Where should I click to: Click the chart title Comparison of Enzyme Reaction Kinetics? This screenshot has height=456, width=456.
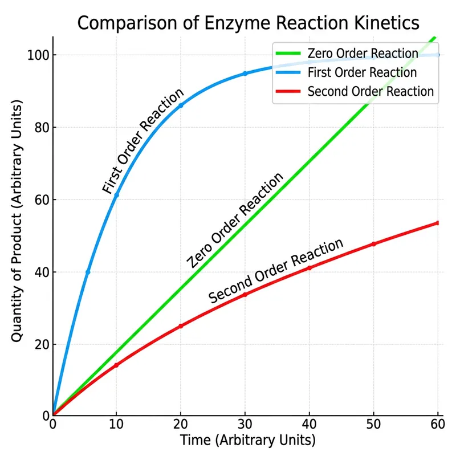248,23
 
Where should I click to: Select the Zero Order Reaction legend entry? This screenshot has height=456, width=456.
363,54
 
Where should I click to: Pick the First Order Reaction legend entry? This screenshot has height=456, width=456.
362,72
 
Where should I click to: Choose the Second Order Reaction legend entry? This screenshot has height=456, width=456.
370,91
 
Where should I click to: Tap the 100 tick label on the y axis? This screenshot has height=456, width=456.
37,55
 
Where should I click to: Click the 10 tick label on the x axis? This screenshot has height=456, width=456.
116,425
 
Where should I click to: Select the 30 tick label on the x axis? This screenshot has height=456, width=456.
245,425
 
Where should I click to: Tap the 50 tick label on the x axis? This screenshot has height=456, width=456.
374,425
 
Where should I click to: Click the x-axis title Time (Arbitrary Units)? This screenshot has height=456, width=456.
247,441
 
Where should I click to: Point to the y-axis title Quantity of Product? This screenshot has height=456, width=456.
17,222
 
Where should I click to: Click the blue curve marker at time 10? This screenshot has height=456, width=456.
117,196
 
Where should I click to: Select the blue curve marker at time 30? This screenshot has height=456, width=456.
245,74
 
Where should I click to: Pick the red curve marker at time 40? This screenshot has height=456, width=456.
310,268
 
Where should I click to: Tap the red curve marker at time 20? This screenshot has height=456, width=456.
181,326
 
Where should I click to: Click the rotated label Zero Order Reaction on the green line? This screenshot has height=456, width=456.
235,220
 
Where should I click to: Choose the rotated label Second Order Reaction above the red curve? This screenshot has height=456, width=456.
276,271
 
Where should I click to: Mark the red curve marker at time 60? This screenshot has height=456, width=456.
438,223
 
